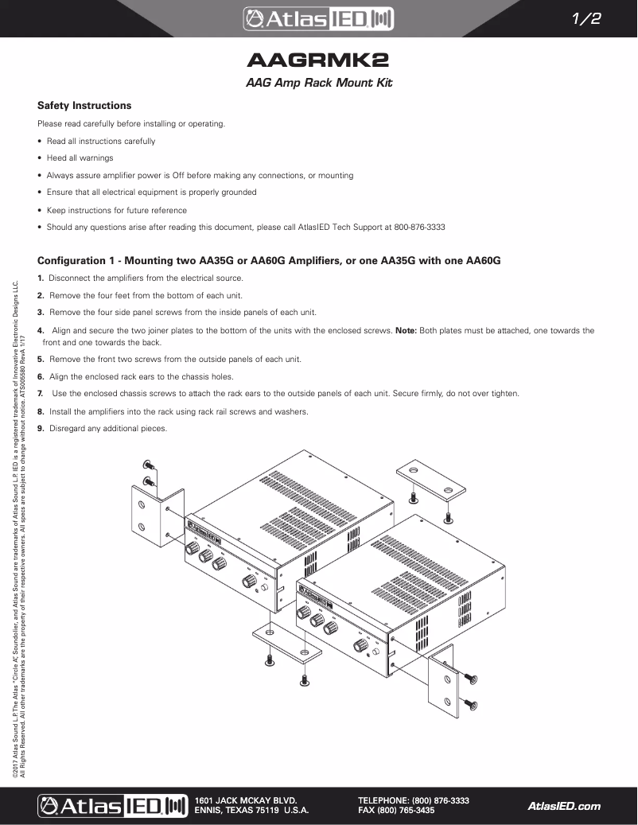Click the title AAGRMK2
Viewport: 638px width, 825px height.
[318, 61]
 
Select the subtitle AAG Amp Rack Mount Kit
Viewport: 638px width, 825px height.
[318, 83]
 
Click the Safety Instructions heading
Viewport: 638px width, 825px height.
[84, 105]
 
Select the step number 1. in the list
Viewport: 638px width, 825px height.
[41, 278]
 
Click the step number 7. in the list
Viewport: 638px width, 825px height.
[41, 394]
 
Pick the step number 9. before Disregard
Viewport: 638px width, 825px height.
[41, 429]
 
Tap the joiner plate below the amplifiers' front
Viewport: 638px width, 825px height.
[286, 642]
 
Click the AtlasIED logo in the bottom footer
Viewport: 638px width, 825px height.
[111, 805]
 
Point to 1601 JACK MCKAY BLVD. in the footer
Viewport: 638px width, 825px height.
[246, 800]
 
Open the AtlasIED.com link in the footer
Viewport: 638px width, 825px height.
[564, 806]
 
